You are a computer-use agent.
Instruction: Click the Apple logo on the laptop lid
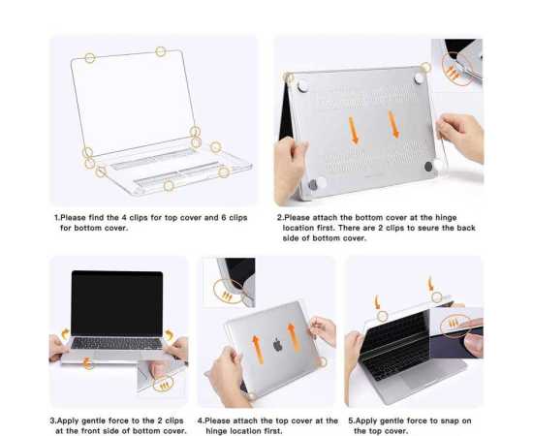278,345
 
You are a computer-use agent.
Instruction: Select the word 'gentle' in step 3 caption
95,420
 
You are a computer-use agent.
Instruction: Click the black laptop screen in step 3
117,303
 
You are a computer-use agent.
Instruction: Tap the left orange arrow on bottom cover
353,131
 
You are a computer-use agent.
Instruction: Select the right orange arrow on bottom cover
393,124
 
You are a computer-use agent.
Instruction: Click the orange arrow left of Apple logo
258,350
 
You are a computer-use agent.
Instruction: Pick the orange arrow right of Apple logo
293,337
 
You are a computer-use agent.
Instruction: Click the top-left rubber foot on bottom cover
303,86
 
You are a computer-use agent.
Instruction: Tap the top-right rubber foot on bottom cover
419,78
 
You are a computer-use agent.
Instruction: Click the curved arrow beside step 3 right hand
169,334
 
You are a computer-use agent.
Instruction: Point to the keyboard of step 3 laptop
116,343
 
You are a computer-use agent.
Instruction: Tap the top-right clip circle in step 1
161,51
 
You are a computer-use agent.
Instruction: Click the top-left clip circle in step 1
90,58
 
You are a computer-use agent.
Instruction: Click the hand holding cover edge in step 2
460,136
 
